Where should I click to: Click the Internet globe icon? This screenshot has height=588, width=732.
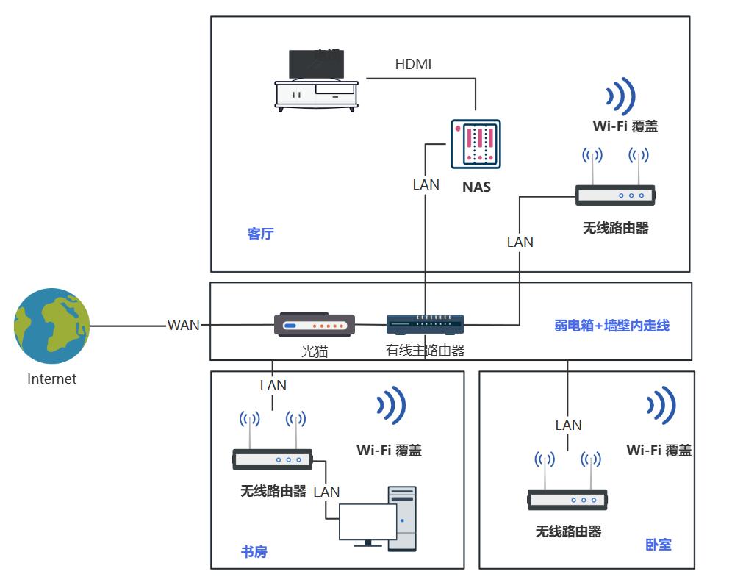coord(51,326)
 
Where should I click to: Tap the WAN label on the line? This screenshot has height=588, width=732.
coord(183,325)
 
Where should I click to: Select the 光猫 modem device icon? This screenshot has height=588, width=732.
coord(315,325)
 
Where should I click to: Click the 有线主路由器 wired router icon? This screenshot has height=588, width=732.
coord(426,324)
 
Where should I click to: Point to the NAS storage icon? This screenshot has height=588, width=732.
coord(476,143)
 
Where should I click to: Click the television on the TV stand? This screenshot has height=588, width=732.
coord(316,65)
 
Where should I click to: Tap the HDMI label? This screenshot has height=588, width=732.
coord(413,64)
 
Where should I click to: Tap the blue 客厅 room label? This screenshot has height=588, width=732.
coord(260,234)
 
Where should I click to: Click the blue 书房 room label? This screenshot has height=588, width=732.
coord(254,552)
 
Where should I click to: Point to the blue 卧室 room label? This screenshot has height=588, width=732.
coord(659,545)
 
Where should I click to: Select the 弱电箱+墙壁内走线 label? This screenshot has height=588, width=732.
coord(611,325)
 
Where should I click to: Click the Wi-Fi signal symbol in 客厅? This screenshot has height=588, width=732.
coord(620,96)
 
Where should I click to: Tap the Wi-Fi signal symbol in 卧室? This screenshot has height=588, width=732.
coord(661,406)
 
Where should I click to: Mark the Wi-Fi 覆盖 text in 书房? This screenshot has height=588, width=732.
coord(389,450)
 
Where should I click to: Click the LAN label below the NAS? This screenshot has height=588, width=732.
coord(426,184)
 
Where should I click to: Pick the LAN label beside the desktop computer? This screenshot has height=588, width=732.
coord(326,492)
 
